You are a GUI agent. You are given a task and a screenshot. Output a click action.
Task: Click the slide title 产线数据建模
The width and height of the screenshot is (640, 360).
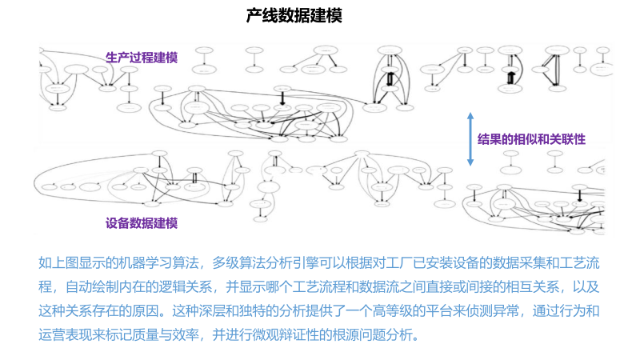click(x=294, y=16)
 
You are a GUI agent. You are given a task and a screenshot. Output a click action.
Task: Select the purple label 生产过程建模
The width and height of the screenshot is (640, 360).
click(x=142, y=57)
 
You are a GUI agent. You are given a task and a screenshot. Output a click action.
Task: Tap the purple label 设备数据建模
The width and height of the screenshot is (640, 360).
click(x=142, y=223)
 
